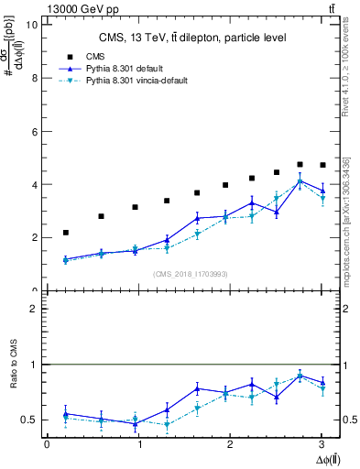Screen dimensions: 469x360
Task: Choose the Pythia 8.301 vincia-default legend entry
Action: (x=137, y=81)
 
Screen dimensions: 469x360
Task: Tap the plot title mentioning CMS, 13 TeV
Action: (x=192, y=38)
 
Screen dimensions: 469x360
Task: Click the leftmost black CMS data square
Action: (x=65, y=233)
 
